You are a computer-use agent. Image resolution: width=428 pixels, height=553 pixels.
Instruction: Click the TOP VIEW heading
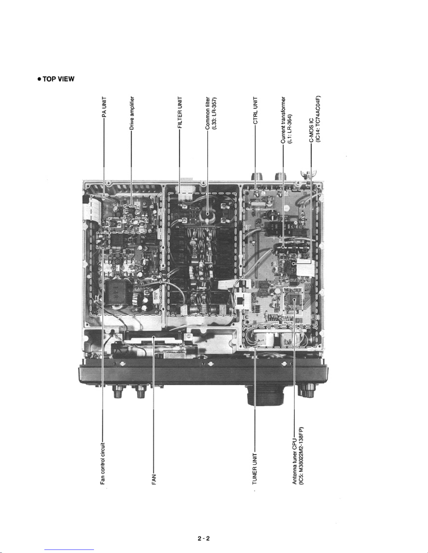coord(58,79)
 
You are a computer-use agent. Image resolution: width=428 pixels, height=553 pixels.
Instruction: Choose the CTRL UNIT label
coord(255,111)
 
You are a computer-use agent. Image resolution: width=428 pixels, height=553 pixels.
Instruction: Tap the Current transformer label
coord(283,120)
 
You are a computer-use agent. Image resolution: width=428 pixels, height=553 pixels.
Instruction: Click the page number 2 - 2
coord(204,538)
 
